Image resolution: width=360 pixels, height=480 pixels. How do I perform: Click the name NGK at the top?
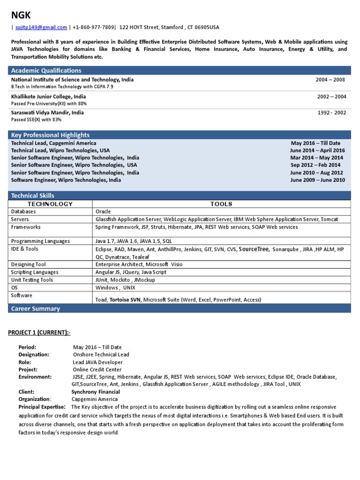pos(21,15)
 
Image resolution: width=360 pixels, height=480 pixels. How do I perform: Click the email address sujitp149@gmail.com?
pos(41,28)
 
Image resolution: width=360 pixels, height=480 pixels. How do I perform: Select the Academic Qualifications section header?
pos(46,70)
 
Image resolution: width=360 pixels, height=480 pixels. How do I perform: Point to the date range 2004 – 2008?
pos(330,80)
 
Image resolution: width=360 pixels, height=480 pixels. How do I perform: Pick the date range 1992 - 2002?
pos(331,112)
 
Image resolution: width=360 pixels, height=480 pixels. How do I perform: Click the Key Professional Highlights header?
pos(50,135)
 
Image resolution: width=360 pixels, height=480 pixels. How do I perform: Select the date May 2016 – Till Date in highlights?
pos(315,143)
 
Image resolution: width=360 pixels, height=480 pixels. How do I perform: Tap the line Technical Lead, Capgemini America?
pos(53,143)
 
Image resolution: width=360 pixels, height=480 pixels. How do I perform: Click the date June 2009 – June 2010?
pos(317,180)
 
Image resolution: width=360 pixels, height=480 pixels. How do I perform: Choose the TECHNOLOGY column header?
pos(50,204)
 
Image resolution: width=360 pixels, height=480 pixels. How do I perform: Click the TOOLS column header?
pos(221,204)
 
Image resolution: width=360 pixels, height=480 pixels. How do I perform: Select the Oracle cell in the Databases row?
pos(103,211)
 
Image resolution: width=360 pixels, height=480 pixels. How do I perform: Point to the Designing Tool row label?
pos(28,264)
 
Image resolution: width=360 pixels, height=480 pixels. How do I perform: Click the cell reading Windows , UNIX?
pos(115,287)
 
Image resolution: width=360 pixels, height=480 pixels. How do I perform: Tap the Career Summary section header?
pos(36,308)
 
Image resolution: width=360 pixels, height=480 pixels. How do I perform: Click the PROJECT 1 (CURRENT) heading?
pos(39,332)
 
